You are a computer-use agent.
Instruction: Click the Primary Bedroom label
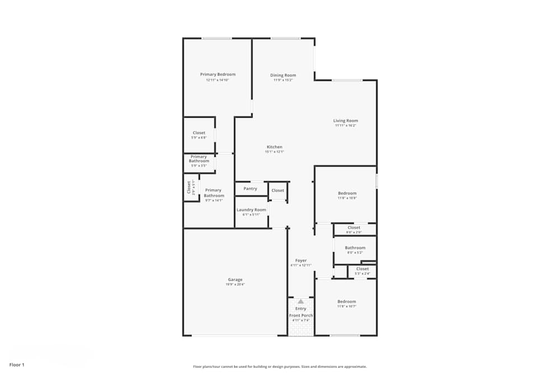218,75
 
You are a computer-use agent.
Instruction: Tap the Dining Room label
283,75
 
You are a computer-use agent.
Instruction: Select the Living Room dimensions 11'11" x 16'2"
346,126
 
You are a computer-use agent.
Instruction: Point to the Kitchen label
274,147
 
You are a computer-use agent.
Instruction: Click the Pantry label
250,189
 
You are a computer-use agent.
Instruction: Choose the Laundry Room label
251,210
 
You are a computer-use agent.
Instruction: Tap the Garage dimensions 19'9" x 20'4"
235,284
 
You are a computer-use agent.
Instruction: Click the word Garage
235,279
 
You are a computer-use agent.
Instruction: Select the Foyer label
301,260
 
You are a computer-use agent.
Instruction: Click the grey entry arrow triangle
301,301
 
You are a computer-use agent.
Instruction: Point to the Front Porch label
301,316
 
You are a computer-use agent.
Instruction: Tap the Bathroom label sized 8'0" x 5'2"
355,248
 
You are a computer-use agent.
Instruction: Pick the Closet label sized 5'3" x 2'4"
362,269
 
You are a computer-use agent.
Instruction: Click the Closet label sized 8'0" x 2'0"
354,228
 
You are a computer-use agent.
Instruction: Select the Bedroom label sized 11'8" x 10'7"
347,302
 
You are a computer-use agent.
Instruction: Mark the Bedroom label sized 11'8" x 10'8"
347,193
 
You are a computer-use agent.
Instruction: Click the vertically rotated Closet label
189,187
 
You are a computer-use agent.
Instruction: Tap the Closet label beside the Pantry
278,191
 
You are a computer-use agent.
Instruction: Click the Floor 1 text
17,365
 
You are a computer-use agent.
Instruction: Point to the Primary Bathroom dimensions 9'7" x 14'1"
213,200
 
